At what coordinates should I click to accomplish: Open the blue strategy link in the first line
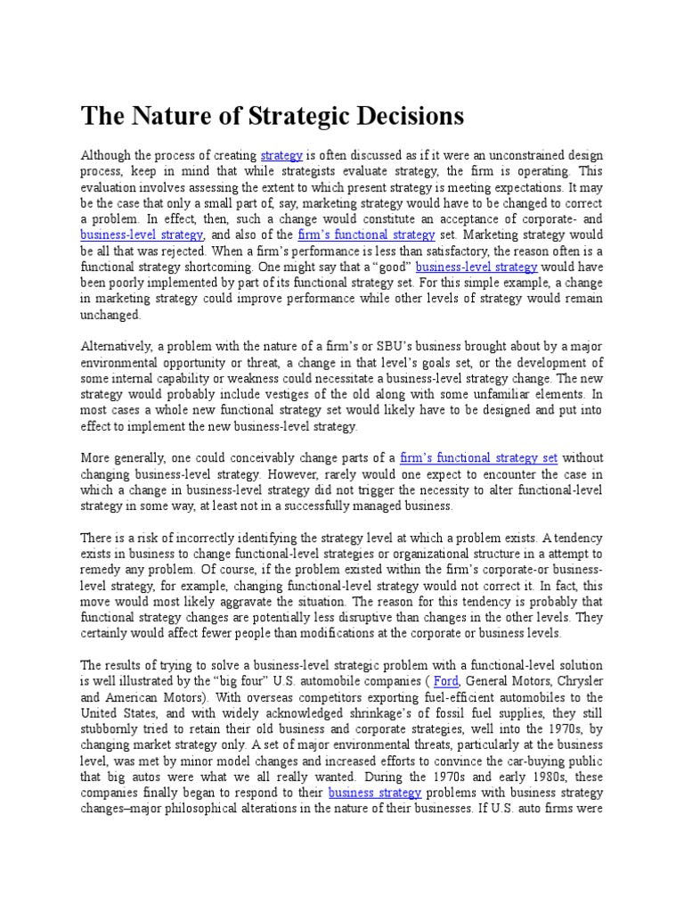(x=281, y=154)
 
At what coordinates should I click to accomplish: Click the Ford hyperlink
(x=445, y=681)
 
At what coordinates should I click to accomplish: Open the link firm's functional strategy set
(x=479, y=457)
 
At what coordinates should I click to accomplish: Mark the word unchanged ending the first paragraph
(x=110, y=315)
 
